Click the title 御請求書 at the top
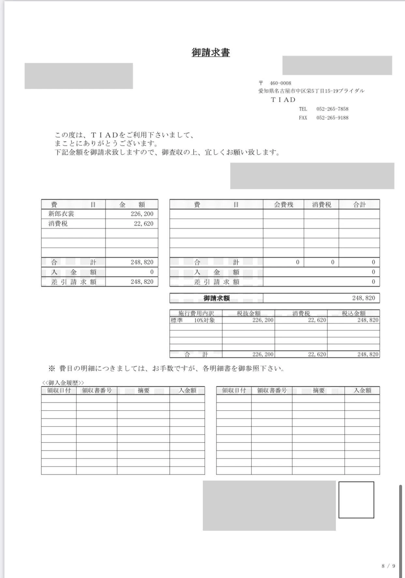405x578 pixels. pos(211,52)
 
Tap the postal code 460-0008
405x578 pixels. pos(280,83)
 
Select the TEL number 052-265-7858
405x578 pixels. pos(332,109)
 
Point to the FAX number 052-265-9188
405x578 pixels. pos(332,118)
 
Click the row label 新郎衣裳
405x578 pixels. pos(61,214)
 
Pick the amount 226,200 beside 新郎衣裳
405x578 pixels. pos(142,214)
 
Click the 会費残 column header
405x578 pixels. pos(283,205)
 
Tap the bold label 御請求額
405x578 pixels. pos(217,298)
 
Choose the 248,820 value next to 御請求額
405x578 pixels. pos(363,298)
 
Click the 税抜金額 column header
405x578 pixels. pos(248,313)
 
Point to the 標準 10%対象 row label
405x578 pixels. pos(193,320)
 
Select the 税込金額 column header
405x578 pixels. pos(353,313)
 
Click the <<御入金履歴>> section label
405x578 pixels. pos(63,383)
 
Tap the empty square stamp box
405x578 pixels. pos(356,500)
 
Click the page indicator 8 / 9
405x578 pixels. pos(388,566)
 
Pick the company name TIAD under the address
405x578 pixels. pos(283,100)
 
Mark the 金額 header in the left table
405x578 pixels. pos(132,205)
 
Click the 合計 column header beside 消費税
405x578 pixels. pos(359,205)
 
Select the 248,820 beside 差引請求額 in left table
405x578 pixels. pos(142,282)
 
